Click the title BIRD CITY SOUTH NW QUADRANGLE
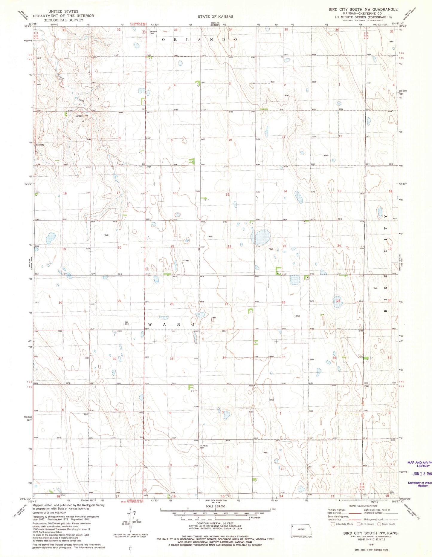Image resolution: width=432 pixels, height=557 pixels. pyautogui.click(x=363, y=9)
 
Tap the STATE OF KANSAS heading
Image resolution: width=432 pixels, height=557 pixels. pyautogui.click(x=215, y=16)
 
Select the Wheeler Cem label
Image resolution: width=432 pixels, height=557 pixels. pyautogui.click(x=154, y=33)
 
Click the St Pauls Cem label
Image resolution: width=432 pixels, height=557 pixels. pyautogui.click(x=204, y=447)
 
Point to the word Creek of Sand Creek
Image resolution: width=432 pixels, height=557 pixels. pyautogui.click(x=80, y=100)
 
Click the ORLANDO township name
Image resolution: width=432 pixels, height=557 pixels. pyautogui.click(x=200, y=39)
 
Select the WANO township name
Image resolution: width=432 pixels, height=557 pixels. pyautogui.click(x=171, y=324)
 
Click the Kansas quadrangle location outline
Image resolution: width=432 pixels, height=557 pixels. pyautogui.click(x=301, y=530)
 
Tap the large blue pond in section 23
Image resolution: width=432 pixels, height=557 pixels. pyautogui.click(x=262, y=237)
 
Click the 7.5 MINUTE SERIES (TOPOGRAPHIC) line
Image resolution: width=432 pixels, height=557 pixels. pyautogui.click(x=363, y=17)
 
